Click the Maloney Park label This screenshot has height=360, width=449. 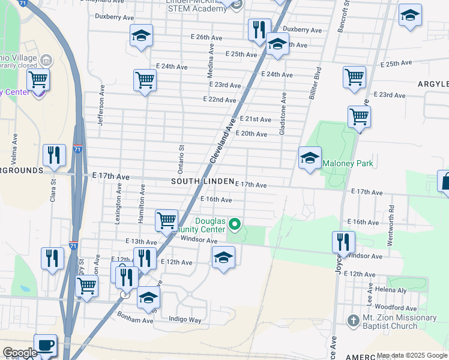348,163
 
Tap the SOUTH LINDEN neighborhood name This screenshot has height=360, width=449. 202,181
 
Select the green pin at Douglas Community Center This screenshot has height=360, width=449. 235,225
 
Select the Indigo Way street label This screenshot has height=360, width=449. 185,320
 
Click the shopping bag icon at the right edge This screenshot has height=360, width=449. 445,181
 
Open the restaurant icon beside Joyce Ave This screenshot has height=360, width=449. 343,242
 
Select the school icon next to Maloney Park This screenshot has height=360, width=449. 310,158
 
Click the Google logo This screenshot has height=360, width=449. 20,353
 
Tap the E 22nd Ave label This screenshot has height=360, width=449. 219,100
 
